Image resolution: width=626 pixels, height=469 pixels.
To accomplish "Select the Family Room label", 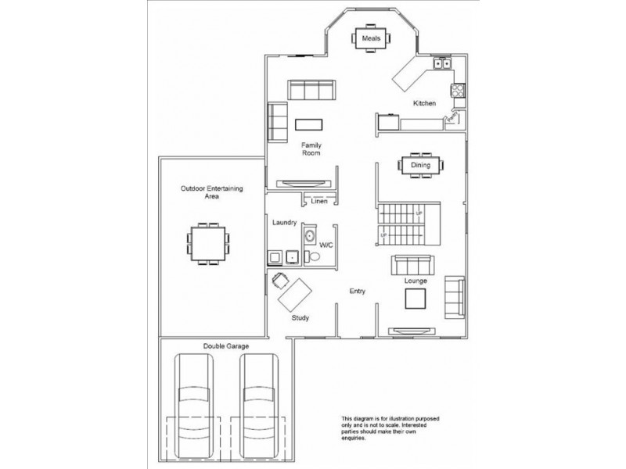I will coord(312,149).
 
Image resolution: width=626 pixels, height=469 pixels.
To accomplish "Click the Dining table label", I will coord(421,165).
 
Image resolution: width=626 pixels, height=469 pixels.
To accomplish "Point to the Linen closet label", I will coord(318,202).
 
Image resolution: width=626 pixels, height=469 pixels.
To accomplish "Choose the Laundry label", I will coord(283,222).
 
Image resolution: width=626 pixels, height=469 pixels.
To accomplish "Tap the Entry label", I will coord(358,292).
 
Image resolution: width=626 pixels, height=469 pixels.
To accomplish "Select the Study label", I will coord(300,318).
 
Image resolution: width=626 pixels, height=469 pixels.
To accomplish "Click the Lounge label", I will coord(414,280).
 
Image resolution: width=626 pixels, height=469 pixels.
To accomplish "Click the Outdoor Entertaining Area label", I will coord(210,193).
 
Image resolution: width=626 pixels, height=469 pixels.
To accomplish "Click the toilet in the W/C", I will coord(315,256).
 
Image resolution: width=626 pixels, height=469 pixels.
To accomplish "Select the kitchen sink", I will coord(442,63).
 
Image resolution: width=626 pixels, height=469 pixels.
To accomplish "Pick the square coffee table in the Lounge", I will coord(415,299).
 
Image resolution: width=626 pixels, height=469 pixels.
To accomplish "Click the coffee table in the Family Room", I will coord(308,124).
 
